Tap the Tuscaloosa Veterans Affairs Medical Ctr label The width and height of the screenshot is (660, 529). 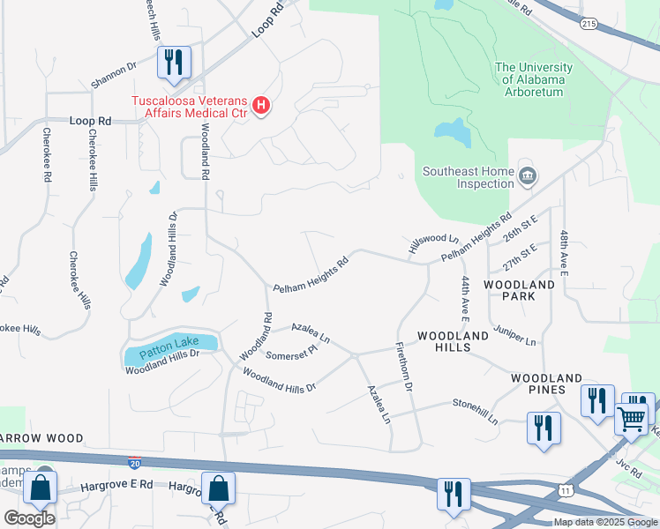coord(190,107)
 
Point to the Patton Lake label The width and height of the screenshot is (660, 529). coord(167,348)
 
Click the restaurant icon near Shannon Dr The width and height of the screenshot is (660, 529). coord(172,62)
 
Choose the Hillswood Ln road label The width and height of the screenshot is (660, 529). coord(433,244)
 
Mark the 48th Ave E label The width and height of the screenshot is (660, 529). coord(563,253)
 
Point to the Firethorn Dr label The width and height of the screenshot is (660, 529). coord(404,367)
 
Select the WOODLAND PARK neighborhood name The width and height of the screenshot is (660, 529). coord(520,290)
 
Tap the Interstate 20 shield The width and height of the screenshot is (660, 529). coord(134,462)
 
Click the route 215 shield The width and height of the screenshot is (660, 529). coord(589,25)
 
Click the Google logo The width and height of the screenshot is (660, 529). coord(29,518)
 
